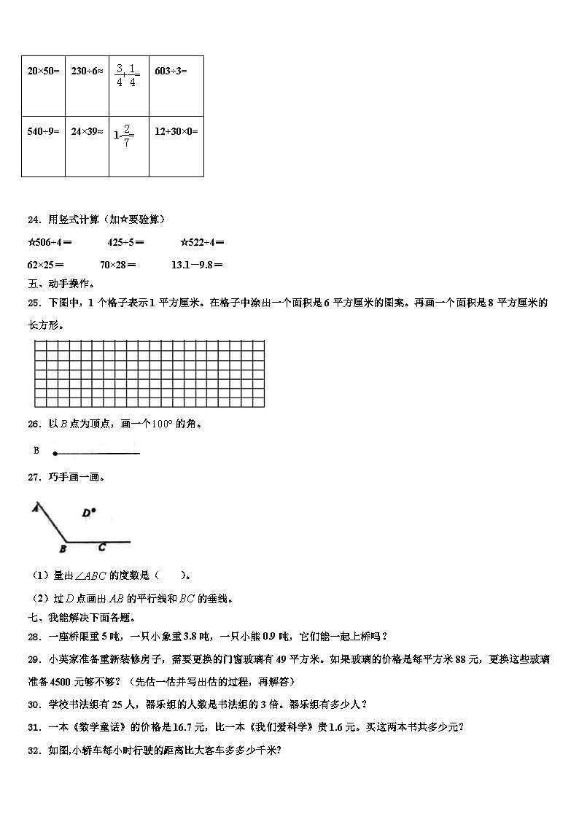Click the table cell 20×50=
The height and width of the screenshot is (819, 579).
click(43, 71)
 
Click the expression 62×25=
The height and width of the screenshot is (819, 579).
click(45, 265)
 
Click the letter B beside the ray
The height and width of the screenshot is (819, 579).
click(36, 451)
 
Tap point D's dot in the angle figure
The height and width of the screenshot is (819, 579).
click(94, 511)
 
